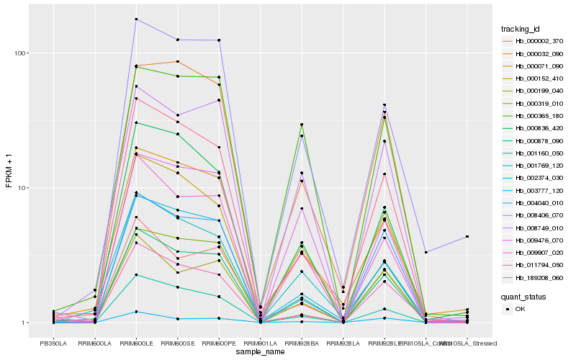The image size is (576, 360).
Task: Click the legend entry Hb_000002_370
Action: pos(534,41)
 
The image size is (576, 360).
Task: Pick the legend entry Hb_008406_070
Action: pos(534,215)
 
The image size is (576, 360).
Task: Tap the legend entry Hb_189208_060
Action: pos(534,277)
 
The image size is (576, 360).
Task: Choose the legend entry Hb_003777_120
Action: pos(534,191)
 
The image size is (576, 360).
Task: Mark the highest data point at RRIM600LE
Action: pos(136,19)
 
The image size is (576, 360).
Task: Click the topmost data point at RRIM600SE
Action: pos(177,40)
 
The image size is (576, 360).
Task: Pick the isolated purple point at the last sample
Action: pos(467,237)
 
